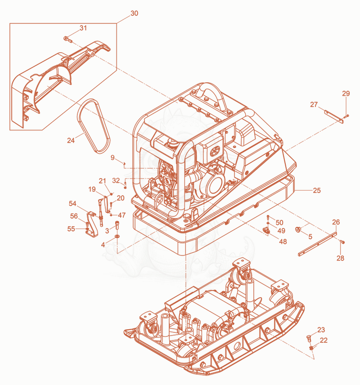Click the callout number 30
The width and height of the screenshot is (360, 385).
click(134, 13)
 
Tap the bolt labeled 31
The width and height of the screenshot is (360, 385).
click(67, 39)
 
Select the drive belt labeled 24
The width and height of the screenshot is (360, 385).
click(94, 126)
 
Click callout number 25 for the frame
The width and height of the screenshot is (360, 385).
click(317, 190)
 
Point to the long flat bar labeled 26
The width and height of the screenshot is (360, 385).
click(318, 244)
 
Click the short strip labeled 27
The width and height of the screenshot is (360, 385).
click(334, 116)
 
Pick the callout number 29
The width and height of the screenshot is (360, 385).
click(346, 93)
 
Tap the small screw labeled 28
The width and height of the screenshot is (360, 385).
click(342, 242)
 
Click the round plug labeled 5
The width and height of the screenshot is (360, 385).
click(298, 229)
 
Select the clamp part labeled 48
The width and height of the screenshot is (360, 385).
click(266, 230)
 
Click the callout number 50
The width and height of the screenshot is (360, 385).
click(279, 223)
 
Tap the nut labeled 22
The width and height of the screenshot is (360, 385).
click(311, 348)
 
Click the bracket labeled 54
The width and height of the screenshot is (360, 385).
click(92, 224)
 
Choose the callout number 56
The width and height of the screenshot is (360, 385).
click(74, 216)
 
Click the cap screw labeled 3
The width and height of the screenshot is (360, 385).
click(117, 225)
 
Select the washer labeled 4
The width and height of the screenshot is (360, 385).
click(117, 236)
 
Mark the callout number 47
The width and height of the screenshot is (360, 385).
click(121, 215)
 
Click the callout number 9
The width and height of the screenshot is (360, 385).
click(112, 157)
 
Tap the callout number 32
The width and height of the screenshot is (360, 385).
click(116, 180)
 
